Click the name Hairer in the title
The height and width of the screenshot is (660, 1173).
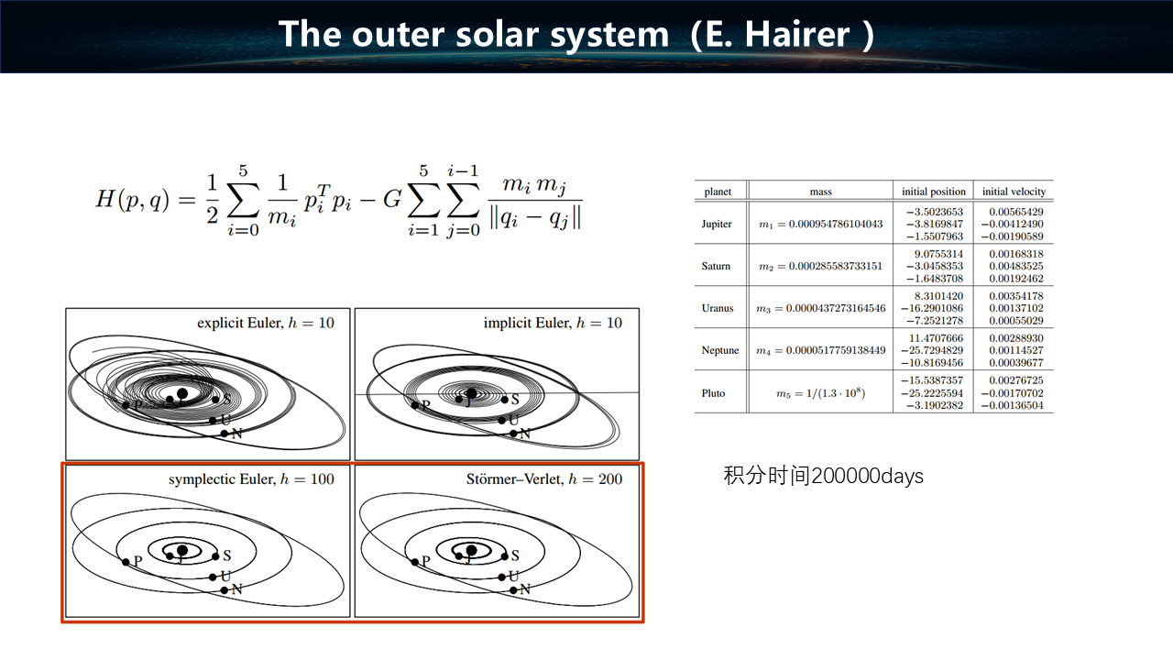click(x=797, y=35)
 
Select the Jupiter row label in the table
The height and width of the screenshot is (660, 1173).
click(x=717, y=225)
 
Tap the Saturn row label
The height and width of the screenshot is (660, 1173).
click(x=716, y=266)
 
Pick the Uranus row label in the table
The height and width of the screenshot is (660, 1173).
click(x=718, y=308)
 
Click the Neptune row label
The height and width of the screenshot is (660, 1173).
click(x=720, y=350)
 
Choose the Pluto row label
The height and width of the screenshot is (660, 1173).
click(x=713, y=393)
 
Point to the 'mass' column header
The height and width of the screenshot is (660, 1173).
click(x=820, y=192)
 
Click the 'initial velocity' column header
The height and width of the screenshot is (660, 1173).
click(x=1014, y=192)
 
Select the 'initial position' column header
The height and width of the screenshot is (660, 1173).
click(x=934, y=192)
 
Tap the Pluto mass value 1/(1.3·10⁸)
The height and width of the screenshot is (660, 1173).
click(x=820, y=393)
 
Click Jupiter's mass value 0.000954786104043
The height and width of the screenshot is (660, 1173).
click(x=820, y=225)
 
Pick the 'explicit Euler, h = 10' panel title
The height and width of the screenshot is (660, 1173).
click(x=266, y=323)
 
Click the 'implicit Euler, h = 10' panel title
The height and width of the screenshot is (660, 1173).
click(x=553, y=323)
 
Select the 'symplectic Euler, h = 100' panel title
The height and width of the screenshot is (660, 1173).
click(x=251, y=479)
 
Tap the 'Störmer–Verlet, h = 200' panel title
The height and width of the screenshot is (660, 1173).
click(x=544, y=479)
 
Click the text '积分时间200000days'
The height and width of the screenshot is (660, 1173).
click(x=823, y=476)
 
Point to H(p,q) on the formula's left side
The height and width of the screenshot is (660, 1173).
click(x=133, y=200)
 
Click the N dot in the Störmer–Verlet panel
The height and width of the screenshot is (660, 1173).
click(x=513, y=589)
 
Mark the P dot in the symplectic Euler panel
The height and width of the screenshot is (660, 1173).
click(x=126, y=562)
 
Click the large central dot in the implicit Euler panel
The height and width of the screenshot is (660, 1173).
click(x=471, y=393)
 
